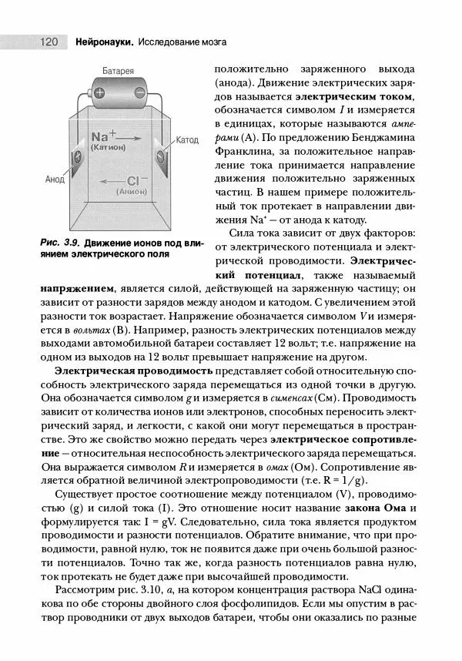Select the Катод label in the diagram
click(187, 140)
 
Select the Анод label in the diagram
click(55, 179)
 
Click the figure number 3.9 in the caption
click(73, 243)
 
